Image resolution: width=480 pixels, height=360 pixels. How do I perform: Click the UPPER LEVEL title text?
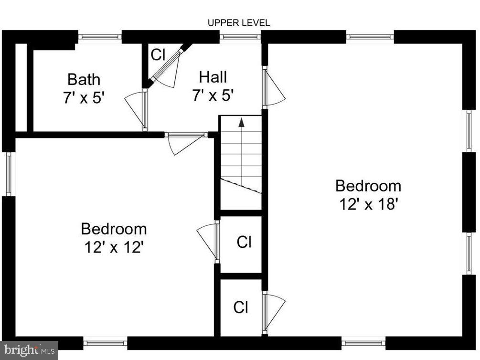tap(239, 22)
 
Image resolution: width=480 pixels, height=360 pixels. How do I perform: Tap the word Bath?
tap(84, 79)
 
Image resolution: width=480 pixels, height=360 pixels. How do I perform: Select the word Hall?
tap(213, 76)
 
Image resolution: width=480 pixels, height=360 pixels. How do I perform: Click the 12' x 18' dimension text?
tap(368, 204)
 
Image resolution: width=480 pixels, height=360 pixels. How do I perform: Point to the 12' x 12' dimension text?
tap(114, 248)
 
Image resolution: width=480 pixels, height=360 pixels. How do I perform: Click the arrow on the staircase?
tap(241, 122)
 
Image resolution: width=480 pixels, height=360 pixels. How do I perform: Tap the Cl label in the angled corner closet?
tap(158, 54)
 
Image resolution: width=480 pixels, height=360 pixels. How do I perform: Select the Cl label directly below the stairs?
tap(244, 242)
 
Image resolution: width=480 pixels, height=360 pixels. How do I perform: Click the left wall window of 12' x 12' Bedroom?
tap(9, 174)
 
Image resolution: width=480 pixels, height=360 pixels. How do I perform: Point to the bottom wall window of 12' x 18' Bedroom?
tap(363, 343)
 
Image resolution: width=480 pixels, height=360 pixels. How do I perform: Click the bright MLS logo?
tap(29, 350)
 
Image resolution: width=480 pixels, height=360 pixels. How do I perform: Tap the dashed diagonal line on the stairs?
tap(241, 185)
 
